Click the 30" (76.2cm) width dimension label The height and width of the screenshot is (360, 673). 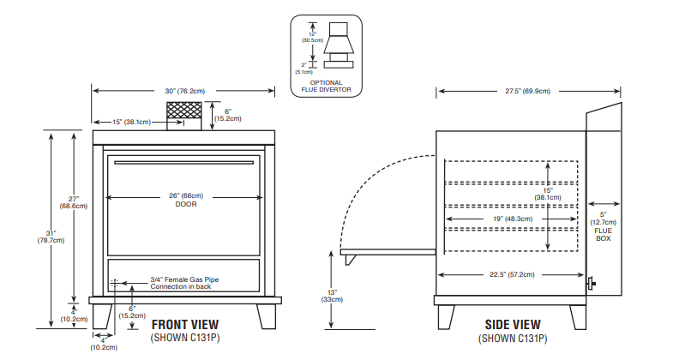[x=183, y=90]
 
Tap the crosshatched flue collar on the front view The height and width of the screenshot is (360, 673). [x=183, y=112]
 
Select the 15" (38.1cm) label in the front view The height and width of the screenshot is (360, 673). [x=132, y=122]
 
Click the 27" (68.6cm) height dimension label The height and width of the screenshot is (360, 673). [x=69, y=202]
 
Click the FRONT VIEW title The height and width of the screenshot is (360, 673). [x=184, y=324]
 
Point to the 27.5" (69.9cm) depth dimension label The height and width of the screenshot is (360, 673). [x=527, y=90]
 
